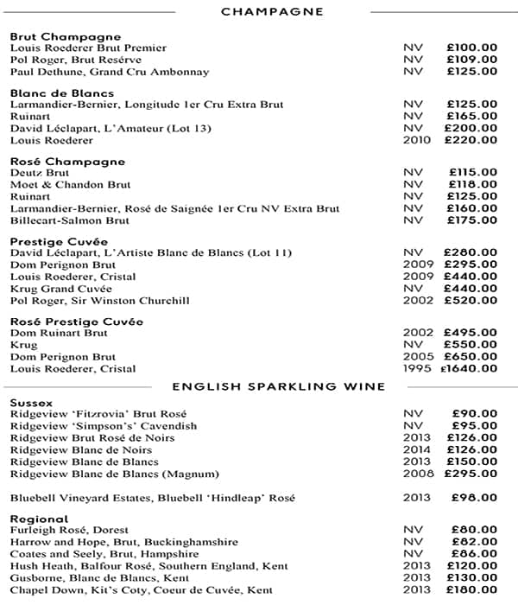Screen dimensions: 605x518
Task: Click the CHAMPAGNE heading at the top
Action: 272,11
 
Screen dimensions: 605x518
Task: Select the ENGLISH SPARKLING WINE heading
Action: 278,385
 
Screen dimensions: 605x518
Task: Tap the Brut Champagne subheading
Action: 66,37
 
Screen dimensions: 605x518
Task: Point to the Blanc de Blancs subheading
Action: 62,93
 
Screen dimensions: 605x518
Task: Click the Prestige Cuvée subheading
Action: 59,241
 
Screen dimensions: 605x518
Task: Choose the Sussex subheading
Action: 31,403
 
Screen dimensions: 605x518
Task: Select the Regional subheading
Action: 39,519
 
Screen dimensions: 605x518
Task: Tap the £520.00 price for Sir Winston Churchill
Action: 471,301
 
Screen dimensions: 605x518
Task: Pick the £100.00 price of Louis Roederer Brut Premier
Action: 471,48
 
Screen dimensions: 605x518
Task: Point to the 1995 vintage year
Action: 417,369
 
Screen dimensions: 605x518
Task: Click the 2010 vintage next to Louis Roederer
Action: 417,140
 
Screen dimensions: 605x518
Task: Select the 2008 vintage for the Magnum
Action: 417,474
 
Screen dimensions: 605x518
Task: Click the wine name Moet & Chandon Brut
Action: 71,185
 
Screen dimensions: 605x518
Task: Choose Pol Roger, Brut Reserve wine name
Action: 76,60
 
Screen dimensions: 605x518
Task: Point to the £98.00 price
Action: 475,498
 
